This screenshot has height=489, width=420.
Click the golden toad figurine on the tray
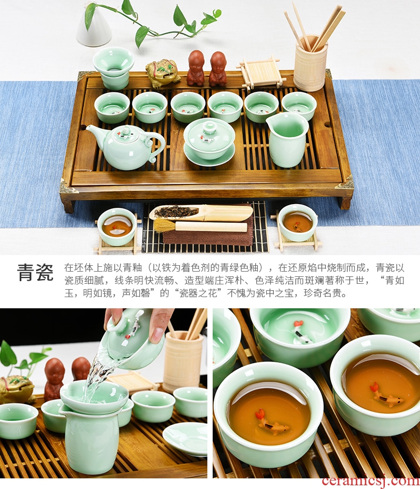click(x=162, y=73)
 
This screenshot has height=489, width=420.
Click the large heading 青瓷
click(x=36, y=272)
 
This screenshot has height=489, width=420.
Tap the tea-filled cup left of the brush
click(x=117, y=227)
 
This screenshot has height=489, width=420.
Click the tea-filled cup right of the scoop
click(x=298, y=222)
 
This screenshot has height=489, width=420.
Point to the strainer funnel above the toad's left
click(x=113, y=68)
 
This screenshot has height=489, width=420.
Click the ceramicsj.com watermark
click(x=371, y=482)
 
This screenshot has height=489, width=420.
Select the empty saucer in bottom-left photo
click(x=184, y=439)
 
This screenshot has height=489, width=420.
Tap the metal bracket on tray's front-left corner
click(x=68, y=187)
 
